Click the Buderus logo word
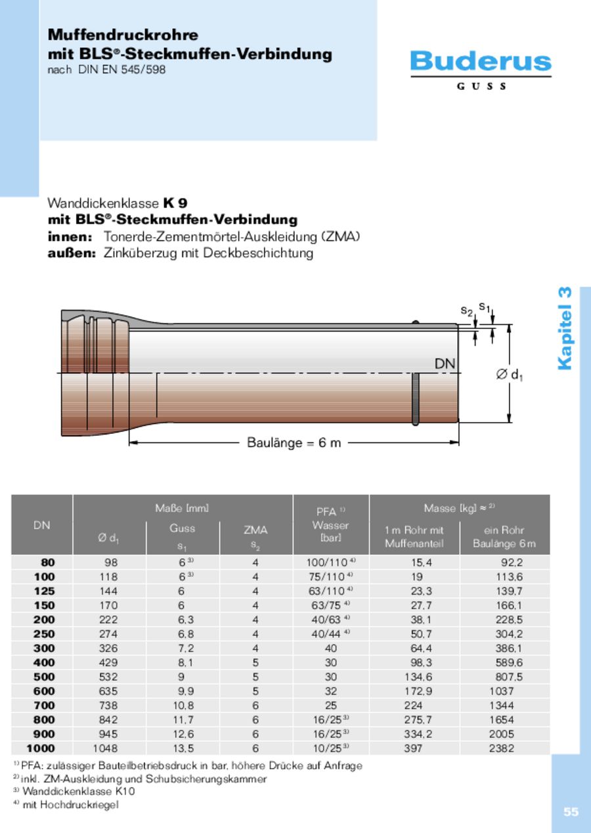tap(481, 62)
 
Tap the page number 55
tap(571, 812)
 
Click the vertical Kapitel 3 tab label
tap(565, 328)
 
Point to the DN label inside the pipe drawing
tap(445, 364)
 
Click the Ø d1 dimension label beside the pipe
tap(509, 375)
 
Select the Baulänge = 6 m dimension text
tap(294, 442)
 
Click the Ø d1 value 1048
tap(106, 748)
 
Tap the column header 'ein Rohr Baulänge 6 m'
tap(504, 537)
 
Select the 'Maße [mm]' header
tap(182, 508)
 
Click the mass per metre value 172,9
tap(414, 691)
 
